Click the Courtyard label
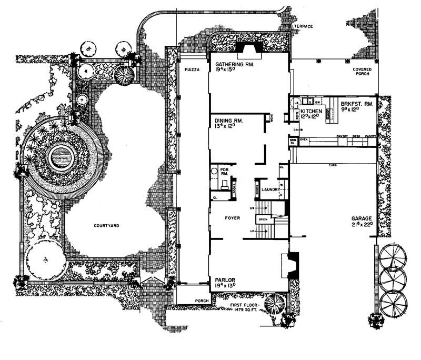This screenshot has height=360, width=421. [107, 225]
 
